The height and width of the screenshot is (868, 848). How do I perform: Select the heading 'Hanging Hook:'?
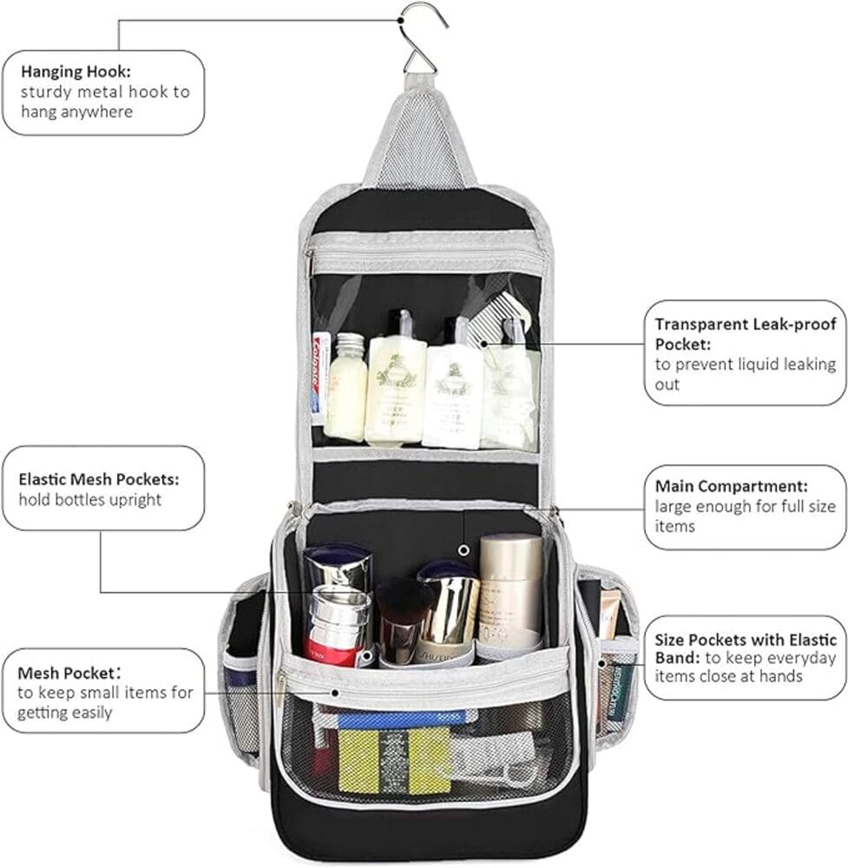click(x=76, y=72)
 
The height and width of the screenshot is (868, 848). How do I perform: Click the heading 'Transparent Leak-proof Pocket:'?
click(x=745, y=334)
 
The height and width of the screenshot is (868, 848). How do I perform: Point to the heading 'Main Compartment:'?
click(x=731, y=486)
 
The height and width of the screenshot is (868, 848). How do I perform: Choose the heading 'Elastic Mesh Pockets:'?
click(x=99, y=479)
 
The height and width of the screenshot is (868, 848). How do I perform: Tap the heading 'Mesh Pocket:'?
click(x=69, y=674)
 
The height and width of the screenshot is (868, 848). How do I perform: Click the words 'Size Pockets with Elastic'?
click(x=746, y=640)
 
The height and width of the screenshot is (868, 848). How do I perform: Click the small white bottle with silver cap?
click(x=345, y=386)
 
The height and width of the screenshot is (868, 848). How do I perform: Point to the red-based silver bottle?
click(x=338, y=626)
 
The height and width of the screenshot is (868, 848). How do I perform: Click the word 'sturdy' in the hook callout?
click(x=46, y=92)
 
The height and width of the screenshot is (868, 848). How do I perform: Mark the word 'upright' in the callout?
click(x=135, y=500)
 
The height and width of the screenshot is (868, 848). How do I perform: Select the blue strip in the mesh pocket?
click(x=401, y=720)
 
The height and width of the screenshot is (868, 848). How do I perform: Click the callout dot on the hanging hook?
click(x=399, y=21)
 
